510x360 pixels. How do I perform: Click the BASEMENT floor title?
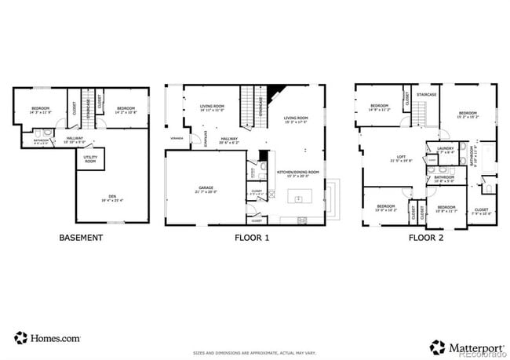coord(81,237)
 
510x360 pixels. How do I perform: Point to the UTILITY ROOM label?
coord(91,159)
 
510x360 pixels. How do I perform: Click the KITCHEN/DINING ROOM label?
coord(299,173)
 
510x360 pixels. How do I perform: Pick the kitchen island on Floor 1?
coord(298,199)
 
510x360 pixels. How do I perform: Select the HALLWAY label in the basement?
coord(75,140)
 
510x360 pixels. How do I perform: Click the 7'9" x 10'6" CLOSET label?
coord(481,211)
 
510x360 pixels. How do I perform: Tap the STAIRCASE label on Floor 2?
coord(428,95)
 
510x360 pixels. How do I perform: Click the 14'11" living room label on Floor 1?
coord(211,108)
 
